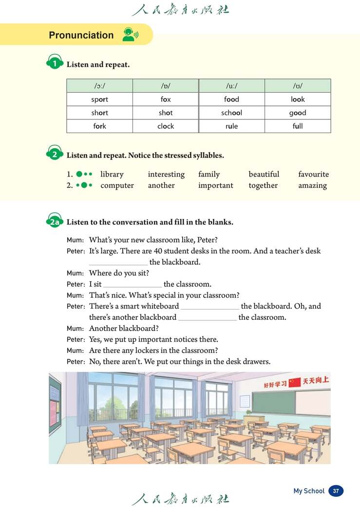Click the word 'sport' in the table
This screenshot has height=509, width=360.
click(99, 99)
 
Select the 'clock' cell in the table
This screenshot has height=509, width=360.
click(166, 126)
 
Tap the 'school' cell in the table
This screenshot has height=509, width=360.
click(231, 113)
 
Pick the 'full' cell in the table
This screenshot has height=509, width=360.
click(298, 126)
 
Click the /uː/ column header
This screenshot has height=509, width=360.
click(231, 86)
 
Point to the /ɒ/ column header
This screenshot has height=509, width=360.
click(166, 86)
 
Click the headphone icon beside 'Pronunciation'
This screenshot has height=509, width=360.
click(130, 35)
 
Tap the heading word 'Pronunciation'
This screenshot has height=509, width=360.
click(81, 35)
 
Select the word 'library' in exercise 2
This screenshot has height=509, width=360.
click(112, 174)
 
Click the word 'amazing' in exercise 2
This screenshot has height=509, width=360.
click(312, 185)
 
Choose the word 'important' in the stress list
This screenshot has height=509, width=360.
click(215, 185)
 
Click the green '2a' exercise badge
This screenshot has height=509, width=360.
click(54, 222)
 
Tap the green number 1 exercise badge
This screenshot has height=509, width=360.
click(55, 64)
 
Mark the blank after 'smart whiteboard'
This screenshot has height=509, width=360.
click(210, 307)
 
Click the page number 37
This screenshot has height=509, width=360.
click(336, 491)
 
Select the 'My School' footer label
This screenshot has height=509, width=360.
click(309, 491)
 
